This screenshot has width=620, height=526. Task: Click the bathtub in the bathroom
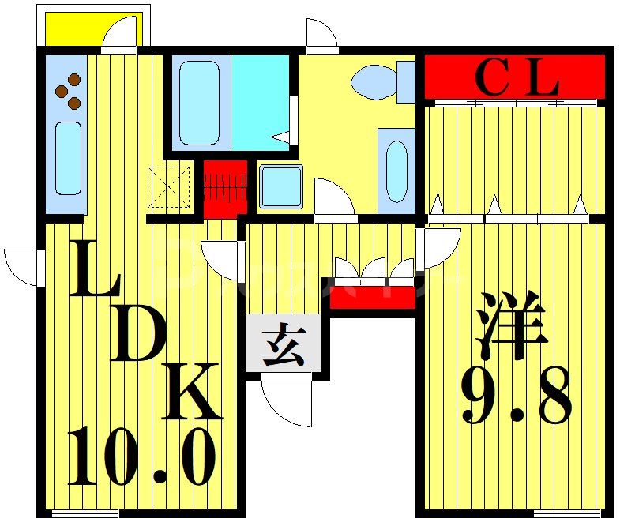pos(199,102)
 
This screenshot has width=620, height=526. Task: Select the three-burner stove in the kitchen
pos(68,91)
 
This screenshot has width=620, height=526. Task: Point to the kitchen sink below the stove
pos(68,158)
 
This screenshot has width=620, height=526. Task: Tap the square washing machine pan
pos(280,187)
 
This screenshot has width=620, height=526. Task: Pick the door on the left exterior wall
pos(22,267)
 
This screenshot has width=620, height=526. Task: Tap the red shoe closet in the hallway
pos(371,298)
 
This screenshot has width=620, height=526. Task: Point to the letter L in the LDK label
pos(92,271)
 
